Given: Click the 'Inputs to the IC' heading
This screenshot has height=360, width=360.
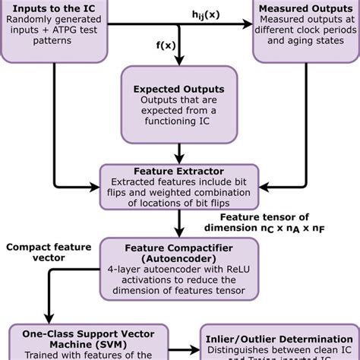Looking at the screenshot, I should (x=54, y=8).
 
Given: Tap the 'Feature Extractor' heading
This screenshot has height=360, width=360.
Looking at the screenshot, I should (x=179, y=172).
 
